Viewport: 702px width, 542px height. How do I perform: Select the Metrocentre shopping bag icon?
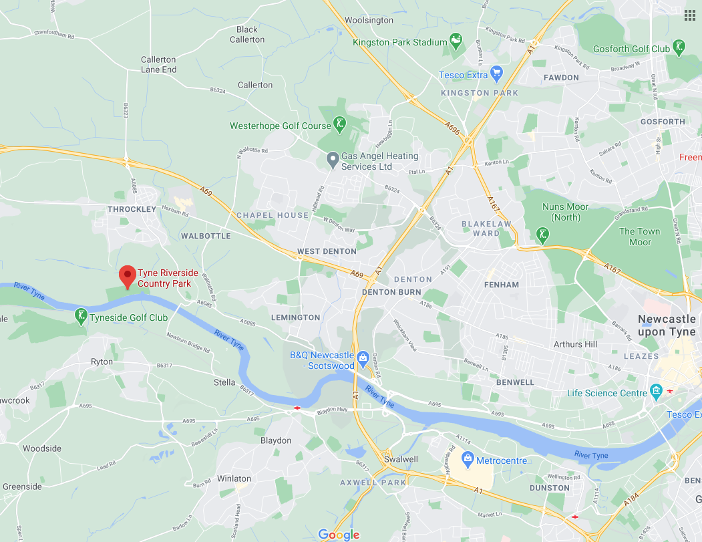(468, 459)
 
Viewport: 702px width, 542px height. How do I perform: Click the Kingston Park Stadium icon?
(456, 41)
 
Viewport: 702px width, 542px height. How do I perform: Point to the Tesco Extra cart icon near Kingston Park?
(496, 72)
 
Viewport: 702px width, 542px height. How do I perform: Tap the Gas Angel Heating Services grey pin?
(332, 160)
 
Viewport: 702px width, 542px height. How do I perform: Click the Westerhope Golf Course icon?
(341, 124)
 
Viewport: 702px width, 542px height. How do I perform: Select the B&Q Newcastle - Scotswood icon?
(363, 358)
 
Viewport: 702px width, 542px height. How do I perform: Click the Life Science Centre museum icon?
(655, 391)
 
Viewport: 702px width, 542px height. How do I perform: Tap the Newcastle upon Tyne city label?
(666, 325)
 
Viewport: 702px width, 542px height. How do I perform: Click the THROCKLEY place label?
(132, 209)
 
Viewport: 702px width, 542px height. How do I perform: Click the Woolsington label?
(369, 20)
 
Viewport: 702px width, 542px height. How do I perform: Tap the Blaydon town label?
(275, 440)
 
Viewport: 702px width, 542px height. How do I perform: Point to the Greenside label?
(22, 487)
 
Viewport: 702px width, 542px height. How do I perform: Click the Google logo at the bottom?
(339, 534)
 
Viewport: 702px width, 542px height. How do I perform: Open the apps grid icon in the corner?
(690, 15)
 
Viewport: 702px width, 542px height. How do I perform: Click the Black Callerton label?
(246, 34)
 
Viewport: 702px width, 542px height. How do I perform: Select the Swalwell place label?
(401, 459)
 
